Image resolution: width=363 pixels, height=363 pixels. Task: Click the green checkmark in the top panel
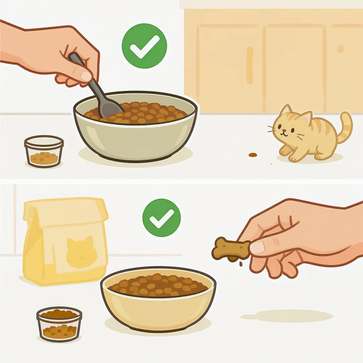[144, 46]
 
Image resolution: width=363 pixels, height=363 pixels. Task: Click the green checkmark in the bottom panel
[161, 218]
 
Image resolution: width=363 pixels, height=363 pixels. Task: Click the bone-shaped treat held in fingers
[231, 249]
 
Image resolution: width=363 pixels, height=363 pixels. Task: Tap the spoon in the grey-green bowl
[101, 96]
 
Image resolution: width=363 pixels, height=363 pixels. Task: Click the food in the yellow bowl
[158, 285]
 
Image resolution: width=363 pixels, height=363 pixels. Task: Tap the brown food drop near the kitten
[252, 155]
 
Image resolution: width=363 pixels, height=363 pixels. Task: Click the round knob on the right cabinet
[341, 49]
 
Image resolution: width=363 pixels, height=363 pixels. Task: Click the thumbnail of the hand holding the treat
[257, 247]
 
